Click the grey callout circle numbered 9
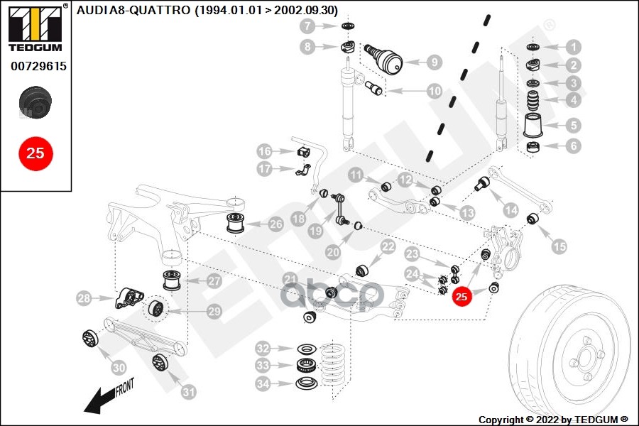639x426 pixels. (433, 62)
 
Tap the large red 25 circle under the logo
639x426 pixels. (35, 152)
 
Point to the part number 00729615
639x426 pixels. (38, 66)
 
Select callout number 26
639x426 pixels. (275, 224)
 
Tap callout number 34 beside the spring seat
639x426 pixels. (264, 384)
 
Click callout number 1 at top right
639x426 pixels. (573, 48)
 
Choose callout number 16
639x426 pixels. (264, 151)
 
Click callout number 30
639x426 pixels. (119, 368)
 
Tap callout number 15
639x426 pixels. (559, 246)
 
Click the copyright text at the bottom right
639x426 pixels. (552, 419)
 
